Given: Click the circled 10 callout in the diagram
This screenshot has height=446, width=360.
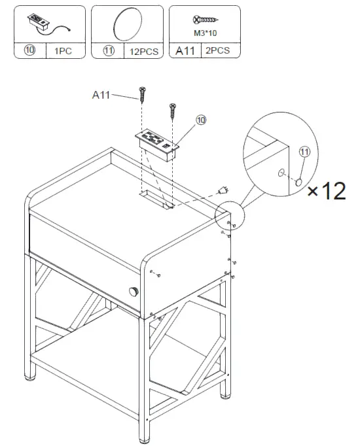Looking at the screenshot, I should coord(201,120).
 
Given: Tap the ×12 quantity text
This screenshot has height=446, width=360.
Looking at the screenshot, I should coord(326,191).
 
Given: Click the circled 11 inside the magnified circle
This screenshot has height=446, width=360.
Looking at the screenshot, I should coord(303,152).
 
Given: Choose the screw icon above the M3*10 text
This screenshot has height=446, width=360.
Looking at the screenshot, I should coord(202,20).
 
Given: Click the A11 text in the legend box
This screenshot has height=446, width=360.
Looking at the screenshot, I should coord(183,50).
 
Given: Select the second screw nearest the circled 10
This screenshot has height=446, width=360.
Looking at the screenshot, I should coord(173,111).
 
